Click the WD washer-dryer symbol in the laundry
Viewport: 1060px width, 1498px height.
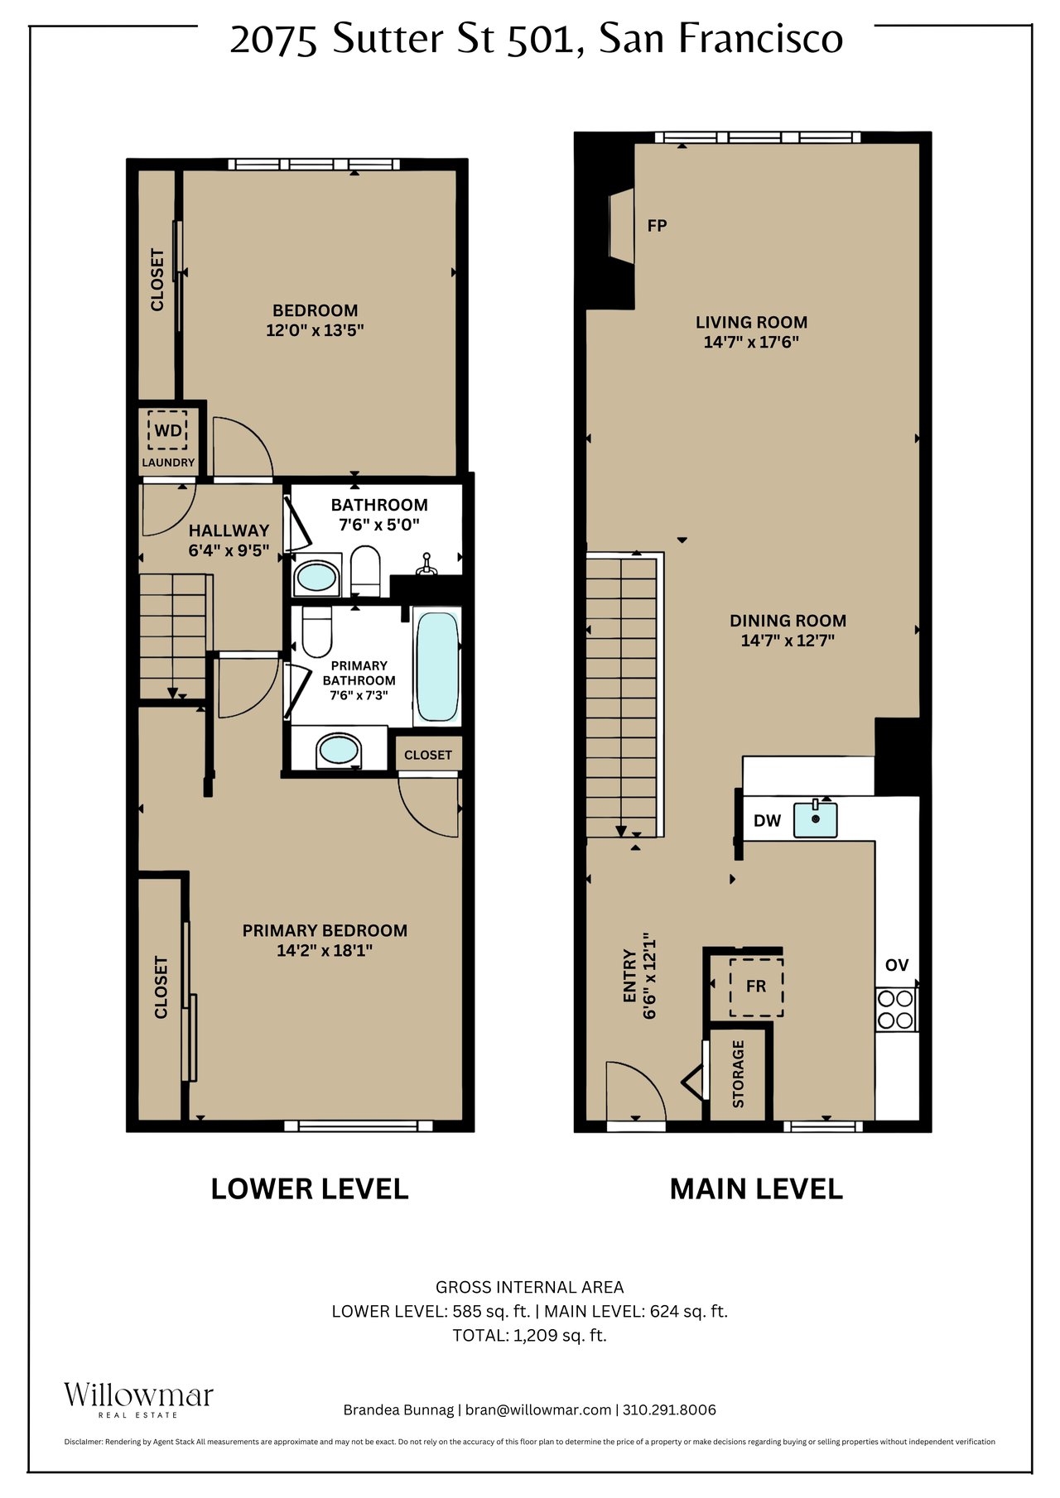(168, 430)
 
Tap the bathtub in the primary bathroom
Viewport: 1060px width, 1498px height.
(436, 665)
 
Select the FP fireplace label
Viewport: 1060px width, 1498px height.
(657, 225)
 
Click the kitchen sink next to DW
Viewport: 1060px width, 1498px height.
(815, 819)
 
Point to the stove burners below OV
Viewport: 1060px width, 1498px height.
(895, 1009)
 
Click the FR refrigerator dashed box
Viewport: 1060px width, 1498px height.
(756, 987)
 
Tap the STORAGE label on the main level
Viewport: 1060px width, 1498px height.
(738, 1073)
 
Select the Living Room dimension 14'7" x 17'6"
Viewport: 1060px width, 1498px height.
(750, 342)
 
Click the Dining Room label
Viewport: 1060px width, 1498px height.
(788, 621)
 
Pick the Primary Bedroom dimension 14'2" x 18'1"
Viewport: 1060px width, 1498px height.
(324, 950)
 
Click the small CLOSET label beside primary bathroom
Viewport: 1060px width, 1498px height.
(428, 755)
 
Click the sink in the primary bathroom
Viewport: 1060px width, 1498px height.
(339, 751)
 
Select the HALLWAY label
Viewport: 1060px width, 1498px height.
(229, 531)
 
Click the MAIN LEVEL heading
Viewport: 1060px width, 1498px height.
(755, 1188)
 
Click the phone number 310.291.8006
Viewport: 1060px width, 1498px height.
(669, 1409)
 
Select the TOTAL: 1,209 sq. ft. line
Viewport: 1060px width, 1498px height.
(529, 1335)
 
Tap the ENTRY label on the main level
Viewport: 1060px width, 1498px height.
(629, 976)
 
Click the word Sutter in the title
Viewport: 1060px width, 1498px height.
(388, 39)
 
